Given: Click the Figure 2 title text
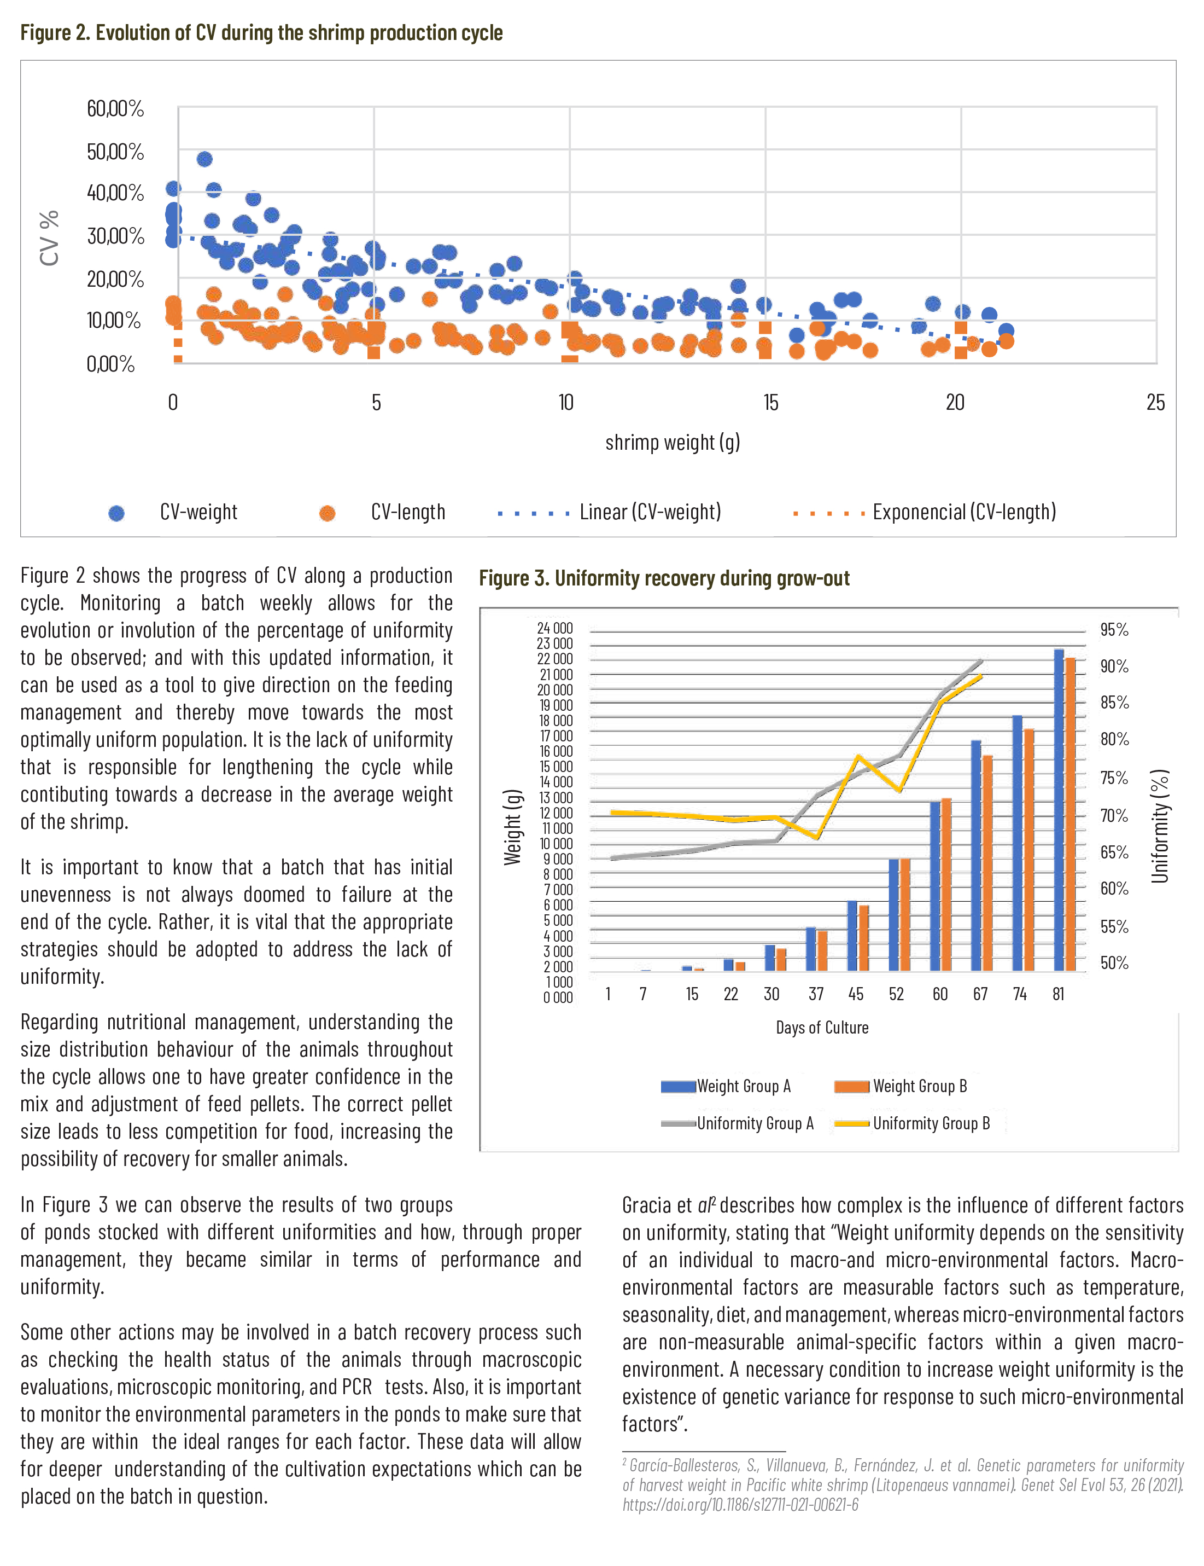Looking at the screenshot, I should pyautogui.click(x=261, y=33).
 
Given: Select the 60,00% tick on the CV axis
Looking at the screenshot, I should pyautogui.click(x=115, y=108).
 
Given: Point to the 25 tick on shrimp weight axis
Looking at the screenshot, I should pyautogui.click(x=1155, y=403).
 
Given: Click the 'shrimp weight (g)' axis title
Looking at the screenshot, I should pyautogui.click(x=672, y=443).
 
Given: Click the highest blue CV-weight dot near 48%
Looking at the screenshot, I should pyautogui.click(x=204, y=159).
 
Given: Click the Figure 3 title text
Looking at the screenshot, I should pyautogui.click(x=664, y=579).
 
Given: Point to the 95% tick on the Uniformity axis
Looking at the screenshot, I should pyautogui.click(x=1114, y=630).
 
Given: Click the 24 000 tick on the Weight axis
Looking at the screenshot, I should pyautogui.click(x=554, y=629).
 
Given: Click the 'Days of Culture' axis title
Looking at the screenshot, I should pyautogui.click(x=822, y=1028).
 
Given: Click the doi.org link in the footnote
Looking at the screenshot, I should pyautogui.click(x=740, y=1504).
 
